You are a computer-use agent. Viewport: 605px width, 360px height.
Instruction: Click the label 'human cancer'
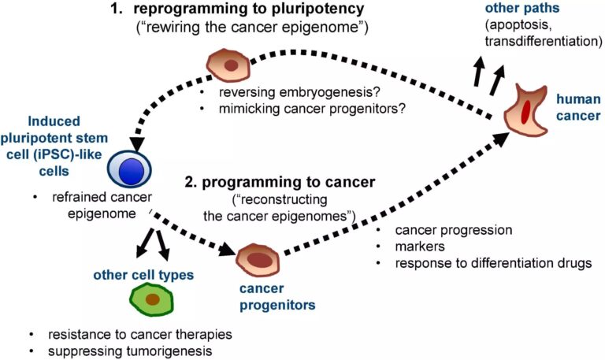coord(577,109)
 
